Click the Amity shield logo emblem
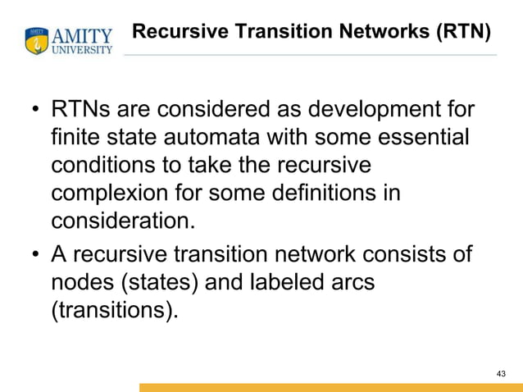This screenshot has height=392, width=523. point(37,41)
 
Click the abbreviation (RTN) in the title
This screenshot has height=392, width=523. point(462,32)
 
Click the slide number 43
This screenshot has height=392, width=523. point(501,374)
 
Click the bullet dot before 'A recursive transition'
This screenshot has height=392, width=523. point(36,254)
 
